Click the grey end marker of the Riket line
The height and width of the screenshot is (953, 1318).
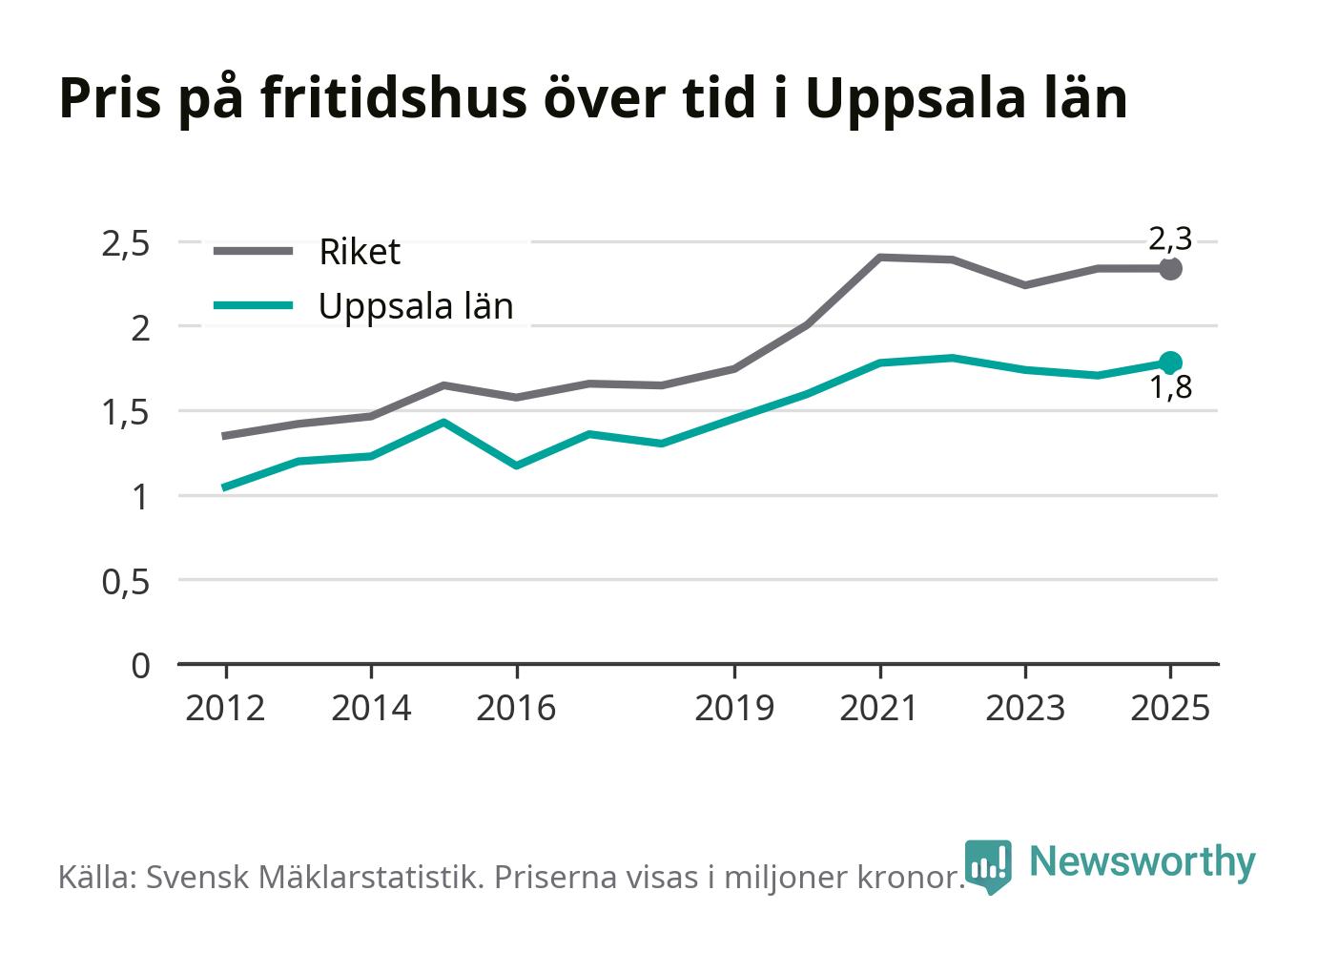pos(1170,269)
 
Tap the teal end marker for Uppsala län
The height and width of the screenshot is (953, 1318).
pos(1170,363)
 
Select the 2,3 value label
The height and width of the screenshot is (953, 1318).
pos(1170,239)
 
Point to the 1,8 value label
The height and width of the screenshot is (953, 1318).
pos(1171,387)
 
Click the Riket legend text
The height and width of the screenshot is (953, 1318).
pos(360,252)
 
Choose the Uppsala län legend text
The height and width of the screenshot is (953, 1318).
pos(416,306)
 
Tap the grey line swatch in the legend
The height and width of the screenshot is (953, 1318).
pos(253,251)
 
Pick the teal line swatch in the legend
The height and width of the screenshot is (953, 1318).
pos(253,305)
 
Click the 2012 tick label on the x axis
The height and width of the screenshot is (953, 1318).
pos(225,708)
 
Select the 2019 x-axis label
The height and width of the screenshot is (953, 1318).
pos(734,708)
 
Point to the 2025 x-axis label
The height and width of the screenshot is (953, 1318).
pos(1170,708)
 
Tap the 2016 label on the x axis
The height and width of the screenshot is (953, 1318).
pos(516,708)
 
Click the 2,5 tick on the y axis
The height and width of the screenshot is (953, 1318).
pos(126,245)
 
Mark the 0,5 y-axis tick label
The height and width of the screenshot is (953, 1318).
pos(126,583)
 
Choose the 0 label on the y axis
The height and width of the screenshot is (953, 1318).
pos(140,667)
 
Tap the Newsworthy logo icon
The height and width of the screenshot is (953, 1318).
pos(988,866)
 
